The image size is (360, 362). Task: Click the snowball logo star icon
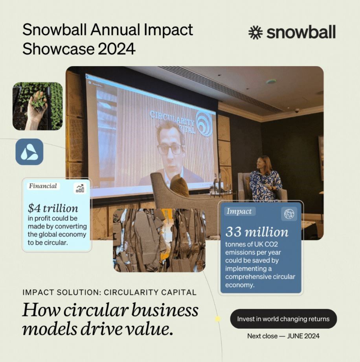tap(256, 33)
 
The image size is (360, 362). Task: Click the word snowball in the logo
tap(301, 33)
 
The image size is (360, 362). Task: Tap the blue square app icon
tap(29, 151)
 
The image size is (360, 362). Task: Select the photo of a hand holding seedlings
tap(37, 106)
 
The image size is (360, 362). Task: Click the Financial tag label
tap(43, 186)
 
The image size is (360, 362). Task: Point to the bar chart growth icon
tap(80, 188)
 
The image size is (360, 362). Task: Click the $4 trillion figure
tap(53, 208)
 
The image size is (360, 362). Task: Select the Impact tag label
tap(239, 211)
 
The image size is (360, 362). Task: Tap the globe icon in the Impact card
tap(289, 214)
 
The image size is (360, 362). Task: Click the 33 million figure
tap(257, 232)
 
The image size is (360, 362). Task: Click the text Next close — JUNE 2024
tap(283, 336)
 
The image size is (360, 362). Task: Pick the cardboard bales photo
tap(159, 240)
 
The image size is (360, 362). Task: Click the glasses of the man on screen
tap(170, 149)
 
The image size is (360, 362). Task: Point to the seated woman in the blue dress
tap(265, 181)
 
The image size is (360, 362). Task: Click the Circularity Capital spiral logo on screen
tap(204, 123)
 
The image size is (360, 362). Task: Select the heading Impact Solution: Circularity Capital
tap(109, 292)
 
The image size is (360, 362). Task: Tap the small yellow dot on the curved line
tap(217, 319)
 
